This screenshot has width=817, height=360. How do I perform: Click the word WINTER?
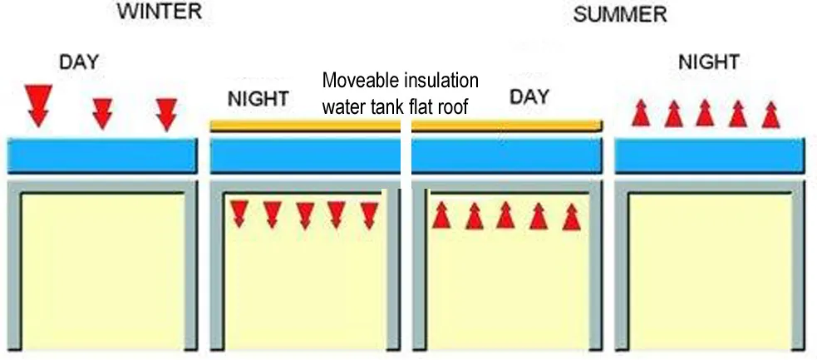tap(160, 12)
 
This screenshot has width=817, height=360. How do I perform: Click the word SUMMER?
tap(620, 16)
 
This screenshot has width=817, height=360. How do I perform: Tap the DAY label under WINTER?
tap(79, 62)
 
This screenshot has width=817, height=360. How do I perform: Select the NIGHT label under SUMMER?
tap(708, 62)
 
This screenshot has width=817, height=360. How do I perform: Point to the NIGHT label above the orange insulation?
tap(258, 100)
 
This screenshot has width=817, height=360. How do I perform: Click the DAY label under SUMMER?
tap(529, 97)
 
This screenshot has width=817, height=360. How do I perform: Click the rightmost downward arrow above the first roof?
tap(167, 114)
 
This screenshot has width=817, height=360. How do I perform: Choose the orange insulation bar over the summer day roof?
tap(505, 126)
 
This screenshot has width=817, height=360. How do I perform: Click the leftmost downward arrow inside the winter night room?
tap(239, 214)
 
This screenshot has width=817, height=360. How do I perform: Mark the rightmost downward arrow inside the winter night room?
tap(369, 215)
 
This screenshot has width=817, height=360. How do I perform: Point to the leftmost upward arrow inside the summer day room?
tap(441, 215)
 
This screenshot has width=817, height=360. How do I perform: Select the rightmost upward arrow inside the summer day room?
tap(570, 216)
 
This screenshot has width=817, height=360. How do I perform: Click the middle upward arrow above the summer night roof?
tap(705, 112)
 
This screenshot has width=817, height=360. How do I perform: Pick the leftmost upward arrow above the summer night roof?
tap(640, 112)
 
